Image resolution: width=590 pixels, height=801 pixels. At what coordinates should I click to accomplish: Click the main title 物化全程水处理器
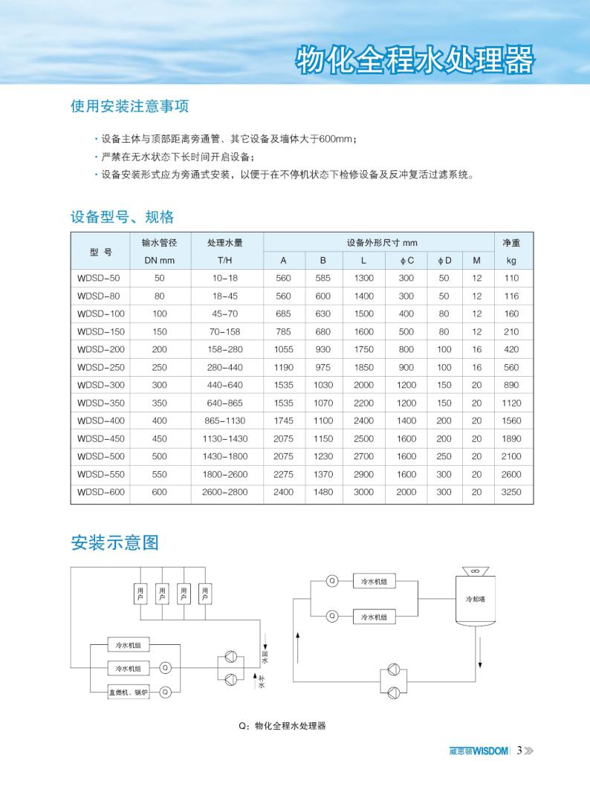coord(415,60)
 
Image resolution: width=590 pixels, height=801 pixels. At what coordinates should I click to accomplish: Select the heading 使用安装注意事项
coord(129,106)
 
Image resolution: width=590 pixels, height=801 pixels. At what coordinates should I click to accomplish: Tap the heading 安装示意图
coord(114,542)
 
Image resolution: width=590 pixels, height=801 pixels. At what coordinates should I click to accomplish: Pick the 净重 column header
coord(510,243)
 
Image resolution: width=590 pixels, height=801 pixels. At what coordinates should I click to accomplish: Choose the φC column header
coord(406,261)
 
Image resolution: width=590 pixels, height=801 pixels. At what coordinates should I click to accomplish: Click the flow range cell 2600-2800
coord(224,492)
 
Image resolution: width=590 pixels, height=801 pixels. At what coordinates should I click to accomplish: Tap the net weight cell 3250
coord(511,492)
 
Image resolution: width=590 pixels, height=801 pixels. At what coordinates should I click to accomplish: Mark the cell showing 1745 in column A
coord(283,421)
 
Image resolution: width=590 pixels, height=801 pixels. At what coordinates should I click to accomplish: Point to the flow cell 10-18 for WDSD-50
coord(224,278)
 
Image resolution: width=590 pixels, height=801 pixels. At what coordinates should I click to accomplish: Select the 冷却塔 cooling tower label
coord(474,597)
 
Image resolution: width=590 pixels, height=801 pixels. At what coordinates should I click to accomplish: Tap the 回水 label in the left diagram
coord(265,656)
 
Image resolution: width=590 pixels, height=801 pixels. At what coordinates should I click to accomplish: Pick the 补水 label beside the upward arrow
coord(262,681)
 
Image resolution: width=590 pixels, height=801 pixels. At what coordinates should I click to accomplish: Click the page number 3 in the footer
coord(520,750)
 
